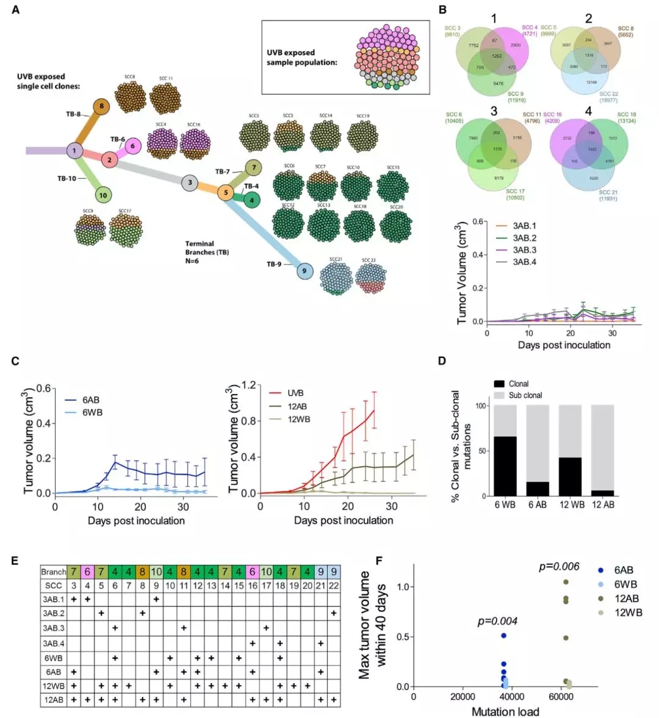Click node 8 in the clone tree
pyautogui.click(x=101, y=106)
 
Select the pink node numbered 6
pyautogui.click(x=134, y=145)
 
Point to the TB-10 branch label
pyautogui.click(x=67, y=179)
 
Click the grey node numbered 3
pyautogui.click(x=190, y=182)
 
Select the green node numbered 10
pyautogui.click(x=104, y=195)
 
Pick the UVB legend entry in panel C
pyautogui.click(x=296, y=393)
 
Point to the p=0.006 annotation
pyautogui.click(x=559, y=567)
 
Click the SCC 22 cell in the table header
pyautogui.click(x=334, y=586)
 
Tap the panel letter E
pyautogui.click(x=15, y=560)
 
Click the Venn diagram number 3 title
pyautogui.click(x=494, y=112)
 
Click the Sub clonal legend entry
pyautogui.click(x=525, y=395)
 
